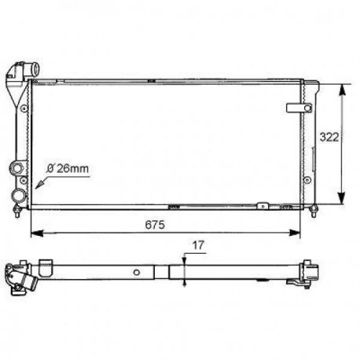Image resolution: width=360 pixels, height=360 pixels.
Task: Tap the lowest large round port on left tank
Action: pyautogui.click(x=17, y=193)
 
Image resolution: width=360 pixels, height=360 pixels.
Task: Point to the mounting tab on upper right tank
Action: pyautogui.click(x=296, y=106)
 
